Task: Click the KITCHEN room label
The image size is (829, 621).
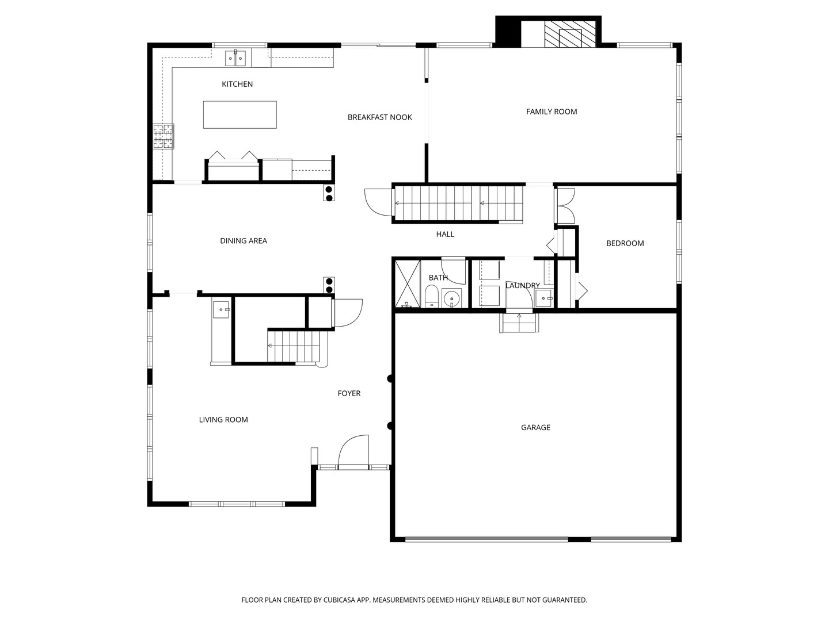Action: pos(237,85)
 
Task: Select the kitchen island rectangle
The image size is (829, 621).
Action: pos(239,114)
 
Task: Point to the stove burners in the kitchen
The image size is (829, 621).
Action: pos(163,136)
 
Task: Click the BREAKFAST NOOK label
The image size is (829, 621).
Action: pos(379,117)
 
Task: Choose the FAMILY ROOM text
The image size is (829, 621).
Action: pos(551,112)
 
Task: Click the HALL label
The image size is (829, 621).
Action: pos(444,235)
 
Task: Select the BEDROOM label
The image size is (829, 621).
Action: pos(625,243)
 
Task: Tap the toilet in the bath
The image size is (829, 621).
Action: pos(432,297)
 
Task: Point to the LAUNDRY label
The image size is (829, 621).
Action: pos(522,286)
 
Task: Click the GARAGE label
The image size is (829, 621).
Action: pos(535,428)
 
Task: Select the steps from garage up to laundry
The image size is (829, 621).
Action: pos(519,323)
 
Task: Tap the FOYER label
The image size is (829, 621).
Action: pos(349,394)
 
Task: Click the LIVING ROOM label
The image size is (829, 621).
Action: pos(223,420)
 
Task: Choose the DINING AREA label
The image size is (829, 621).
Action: pos(243,241)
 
